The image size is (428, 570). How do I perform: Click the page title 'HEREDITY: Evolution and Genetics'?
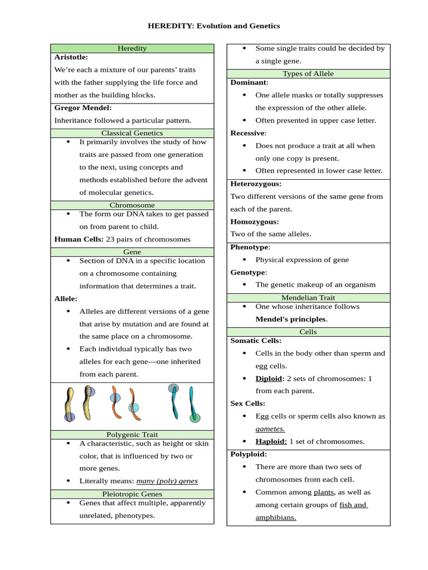(213, 26)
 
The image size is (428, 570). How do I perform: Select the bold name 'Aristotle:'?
(71, 57)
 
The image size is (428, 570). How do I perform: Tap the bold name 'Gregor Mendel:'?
(83, 107)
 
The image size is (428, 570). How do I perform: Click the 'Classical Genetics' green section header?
(132, 133)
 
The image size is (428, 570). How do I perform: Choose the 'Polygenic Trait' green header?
(132, 434)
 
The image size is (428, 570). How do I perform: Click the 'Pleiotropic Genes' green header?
(132, 494)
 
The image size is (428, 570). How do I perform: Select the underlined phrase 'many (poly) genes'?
(167, 481)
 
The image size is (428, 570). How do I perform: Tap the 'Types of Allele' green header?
(308, 73)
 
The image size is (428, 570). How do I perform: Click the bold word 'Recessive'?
(247, 133)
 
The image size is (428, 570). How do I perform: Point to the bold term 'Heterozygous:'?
(256, 184)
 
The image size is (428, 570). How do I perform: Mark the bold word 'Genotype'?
(248, 272)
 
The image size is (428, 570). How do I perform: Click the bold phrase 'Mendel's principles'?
(290, 320)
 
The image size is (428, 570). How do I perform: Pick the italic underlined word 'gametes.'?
(270, 429)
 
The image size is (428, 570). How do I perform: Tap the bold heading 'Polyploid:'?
(249, 454)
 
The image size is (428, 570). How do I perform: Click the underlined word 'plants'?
(324, 492)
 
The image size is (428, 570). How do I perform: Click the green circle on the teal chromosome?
(194, 418)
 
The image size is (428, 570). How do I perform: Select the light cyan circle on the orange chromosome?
(134, 408)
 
